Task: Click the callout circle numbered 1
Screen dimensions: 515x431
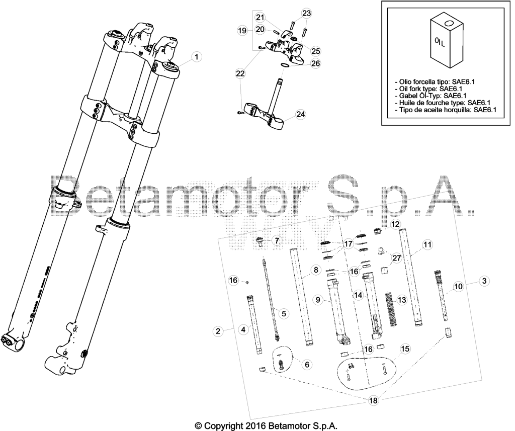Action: pyautogui.click(x=197, y=57)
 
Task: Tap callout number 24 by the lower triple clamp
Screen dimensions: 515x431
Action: pyautogui.click(x=301, y=114)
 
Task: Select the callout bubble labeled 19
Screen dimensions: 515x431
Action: pyautogui.click(x=242, y=31)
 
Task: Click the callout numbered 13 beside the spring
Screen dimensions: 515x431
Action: pyautogui.click(x=402, y=300)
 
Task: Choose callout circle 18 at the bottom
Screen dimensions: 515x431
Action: pyautogui.click(x=374, y=400)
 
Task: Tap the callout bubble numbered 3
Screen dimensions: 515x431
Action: pyautogui.click(x=484, y=281)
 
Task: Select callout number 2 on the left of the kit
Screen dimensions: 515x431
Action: pyautogui.click(x=218, y=331)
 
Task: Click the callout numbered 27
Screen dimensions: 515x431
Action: pyautogui.click(x=397, y=258)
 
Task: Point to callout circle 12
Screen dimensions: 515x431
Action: pyautogui.click(x=396, y=224)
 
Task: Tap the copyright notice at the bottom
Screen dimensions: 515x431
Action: pyautogui.click(x=266, y=426)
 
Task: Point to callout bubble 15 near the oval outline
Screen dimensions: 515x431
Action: pyautogui.click(x=405, y=349)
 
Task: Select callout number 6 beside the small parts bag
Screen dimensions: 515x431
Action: pyautogui.click(x=307, y=364)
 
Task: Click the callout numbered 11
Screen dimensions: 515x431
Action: pyautogui.click(x=427, y=244)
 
